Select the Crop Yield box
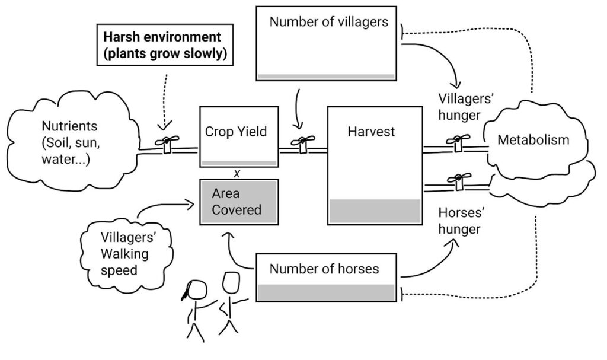click(239, 136)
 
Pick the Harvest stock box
click(374, 165)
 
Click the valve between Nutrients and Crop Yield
click(167, 143)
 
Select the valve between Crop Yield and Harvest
click(303, 143)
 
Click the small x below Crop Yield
click(237, 173)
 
